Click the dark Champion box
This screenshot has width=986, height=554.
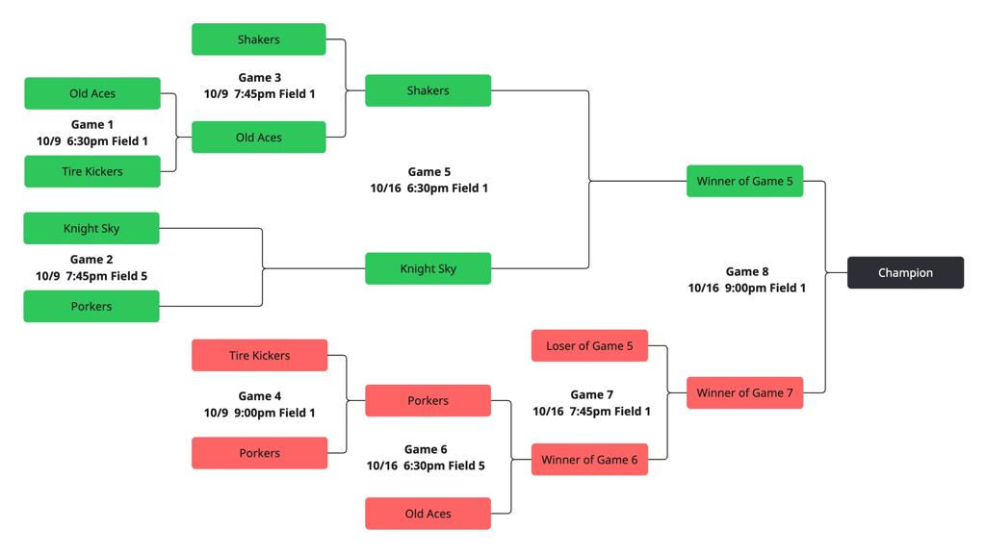905,272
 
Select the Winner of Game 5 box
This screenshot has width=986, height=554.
744,181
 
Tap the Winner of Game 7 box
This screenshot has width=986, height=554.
744,392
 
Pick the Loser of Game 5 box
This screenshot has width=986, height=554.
589,345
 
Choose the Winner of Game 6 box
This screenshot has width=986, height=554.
589,459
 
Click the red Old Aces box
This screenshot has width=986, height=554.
428,514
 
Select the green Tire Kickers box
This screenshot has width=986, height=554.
91,171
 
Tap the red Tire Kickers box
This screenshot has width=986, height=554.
259,355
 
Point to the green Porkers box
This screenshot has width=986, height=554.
91,306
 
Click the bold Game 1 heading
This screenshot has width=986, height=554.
91,124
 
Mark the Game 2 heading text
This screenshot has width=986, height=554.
91,259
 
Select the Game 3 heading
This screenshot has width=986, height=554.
259,77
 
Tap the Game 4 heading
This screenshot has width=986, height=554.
259,395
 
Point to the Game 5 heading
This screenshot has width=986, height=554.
428,171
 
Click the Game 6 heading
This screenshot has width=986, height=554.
426,449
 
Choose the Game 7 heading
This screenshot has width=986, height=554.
591,394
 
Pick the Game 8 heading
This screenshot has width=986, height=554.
746,271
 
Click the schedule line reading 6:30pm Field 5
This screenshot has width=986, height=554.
426,466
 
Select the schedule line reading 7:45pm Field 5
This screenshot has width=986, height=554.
91,276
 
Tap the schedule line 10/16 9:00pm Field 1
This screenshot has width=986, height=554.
746,288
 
